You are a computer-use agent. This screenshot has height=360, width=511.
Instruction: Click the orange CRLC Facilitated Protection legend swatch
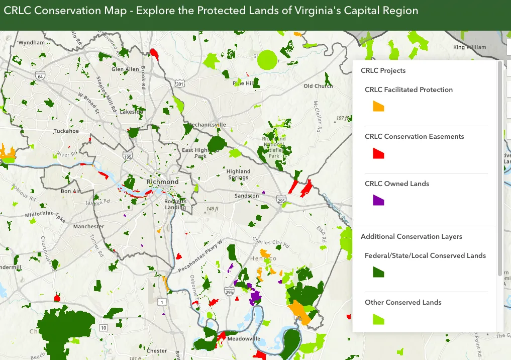(378, 106)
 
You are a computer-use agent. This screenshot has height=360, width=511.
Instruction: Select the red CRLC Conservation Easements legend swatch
(378, 153)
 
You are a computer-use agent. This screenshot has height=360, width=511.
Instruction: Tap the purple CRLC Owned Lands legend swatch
(378, 200)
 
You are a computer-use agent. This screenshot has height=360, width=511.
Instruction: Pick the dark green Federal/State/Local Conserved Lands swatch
(378, 272)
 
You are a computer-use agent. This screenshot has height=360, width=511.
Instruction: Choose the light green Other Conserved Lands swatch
(378, 319)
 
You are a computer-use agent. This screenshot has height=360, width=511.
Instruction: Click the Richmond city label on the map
(162, 182)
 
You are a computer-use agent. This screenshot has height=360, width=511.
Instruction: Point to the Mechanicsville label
(207, 124)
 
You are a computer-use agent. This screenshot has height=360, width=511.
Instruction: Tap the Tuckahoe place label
(66, 131)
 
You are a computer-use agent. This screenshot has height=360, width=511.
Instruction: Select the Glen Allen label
(125, 69)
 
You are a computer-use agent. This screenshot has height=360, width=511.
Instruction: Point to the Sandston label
(247, 196)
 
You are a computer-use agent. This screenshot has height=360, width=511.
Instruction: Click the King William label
(470, 47)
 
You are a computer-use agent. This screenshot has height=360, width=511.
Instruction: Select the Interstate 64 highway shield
(40, 76)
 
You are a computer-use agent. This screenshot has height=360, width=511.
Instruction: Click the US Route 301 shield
(180, 82)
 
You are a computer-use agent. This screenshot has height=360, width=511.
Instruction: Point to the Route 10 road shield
(104, 328)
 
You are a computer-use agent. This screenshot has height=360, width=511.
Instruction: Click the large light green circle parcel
(267, 59)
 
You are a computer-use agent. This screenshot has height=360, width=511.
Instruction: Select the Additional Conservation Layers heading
(411, 236)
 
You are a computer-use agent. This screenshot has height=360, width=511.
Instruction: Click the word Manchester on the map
(88, 226)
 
